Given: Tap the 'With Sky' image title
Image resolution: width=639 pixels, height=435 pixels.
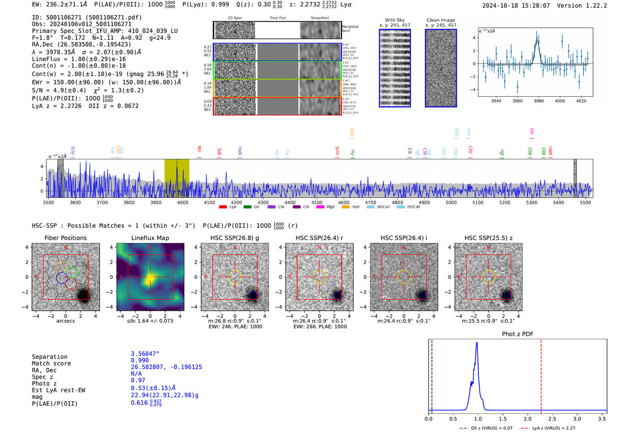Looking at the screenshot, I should point(394,20).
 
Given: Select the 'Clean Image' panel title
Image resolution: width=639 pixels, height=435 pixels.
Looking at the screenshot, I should point(440,20).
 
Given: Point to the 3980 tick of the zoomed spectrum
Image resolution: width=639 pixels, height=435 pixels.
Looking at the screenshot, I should point(539,101).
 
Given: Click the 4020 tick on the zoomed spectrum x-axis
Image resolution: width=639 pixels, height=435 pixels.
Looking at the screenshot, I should point(581,101).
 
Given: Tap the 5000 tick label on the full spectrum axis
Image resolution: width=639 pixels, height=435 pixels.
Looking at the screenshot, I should point(451,203).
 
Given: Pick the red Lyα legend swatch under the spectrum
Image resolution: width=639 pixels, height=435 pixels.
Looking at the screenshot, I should point(223,207).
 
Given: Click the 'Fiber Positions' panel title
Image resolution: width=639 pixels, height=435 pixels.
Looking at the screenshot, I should point(65,238).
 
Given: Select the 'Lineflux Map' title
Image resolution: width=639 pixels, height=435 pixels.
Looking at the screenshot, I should point(150,238).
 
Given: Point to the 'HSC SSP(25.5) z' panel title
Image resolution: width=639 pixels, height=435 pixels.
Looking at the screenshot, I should point(488,238).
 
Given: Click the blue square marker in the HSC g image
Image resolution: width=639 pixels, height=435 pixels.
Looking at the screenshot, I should point(253,296).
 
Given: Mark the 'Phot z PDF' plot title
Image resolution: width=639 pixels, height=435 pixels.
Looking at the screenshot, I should point(517,334).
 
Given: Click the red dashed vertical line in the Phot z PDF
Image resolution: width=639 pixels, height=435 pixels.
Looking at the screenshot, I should point(541,374).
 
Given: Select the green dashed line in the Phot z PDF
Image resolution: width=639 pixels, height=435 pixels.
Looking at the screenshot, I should point(432,374).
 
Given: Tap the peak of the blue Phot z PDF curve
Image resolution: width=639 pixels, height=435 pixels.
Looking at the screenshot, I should point(477,343).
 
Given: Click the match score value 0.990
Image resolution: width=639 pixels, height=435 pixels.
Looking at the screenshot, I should point(140,361).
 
